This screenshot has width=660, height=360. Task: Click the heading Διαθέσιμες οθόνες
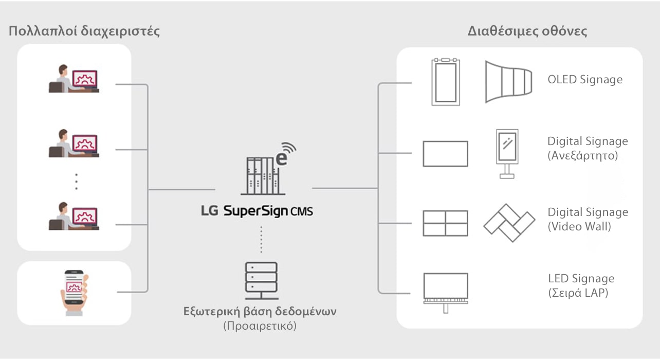tap(527, 31)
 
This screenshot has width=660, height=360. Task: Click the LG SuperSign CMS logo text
tap(257, 211)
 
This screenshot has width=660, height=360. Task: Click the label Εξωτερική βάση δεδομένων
tap(260, 312)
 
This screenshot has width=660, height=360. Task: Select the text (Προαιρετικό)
tap(260, 326)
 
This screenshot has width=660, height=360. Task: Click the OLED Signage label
tap(585, 80)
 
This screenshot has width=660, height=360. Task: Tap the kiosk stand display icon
tap(506, 153)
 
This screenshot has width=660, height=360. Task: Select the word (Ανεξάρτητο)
tap(583, 155)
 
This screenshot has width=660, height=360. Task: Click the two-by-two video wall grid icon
tap(445, 223)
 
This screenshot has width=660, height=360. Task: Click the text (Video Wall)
tap(579, 226)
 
